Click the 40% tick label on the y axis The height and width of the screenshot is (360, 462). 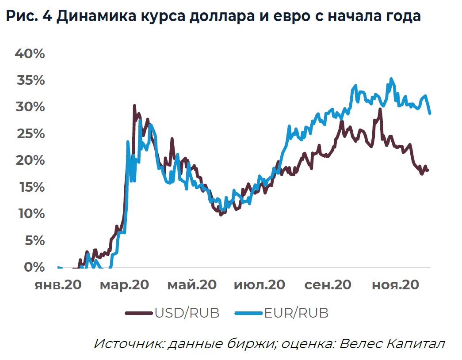pos(30,54)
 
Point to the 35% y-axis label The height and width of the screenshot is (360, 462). pos(30,81)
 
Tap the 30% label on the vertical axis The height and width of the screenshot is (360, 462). pos(30,107)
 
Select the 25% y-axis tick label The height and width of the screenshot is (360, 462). pos(30,134)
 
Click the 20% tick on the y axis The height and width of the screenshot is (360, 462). pos(30,160)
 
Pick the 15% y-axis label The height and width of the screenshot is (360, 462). pos(30,187)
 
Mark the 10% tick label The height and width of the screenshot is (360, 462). pos(30,214)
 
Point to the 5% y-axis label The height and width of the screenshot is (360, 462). pos(34,241)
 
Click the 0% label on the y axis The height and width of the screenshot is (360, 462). pos(34,267)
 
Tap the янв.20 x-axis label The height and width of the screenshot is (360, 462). pos(58,285)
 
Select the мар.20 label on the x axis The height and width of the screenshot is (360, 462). pos(124,285)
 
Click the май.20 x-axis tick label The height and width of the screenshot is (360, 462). pos(192,285)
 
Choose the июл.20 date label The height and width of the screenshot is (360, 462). pos(259,285)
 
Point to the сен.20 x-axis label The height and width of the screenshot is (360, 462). pos(328,285)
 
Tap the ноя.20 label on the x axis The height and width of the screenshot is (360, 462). pos(395,285)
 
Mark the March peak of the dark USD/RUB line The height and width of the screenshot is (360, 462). pos(134,106)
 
